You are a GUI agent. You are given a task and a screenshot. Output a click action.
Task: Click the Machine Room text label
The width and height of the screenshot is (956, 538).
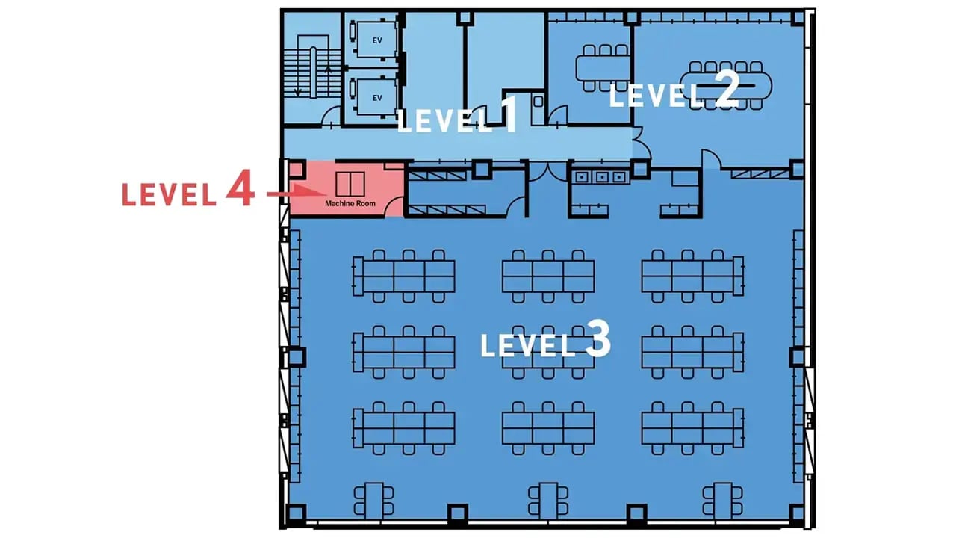pyautogui.click(x=350, y=204)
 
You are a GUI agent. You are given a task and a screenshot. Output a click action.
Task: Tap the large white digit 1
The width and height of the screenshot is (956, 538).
pyautogui.click(x=509, y=114)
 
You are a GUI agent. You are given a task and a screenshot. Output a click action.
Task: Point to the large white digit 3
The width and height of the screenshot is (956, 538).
pyautogui.click(x=598, y=338)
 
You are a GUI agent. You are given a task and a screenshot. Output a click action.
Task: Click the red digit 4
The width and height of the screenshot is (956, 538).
pyautogui.click(x=240, y=188)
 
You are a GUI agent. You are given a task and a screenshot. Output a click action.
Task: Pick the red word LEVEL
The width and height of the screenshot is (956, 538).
pyautogui.click(x=170, y=195)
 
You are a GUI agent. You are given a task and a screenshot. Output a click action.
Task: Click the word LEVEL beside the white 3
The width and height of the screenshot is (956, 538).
pyautogui.click(x=528, y=345)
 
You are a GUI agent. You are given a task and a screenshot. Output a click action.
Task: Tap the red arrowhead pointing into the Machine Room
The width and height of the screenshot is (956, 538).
pyautogui.click(x=309, y=190)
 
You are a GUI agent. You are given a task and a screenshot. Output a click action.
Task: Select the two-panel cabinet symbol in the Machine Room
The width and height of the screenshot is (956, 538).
pyautogui.click(x=350, y=184)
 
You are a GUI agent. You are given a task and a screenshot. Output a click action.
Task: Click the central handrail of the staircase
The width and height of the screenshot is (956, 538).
pyautogui.click(x=313, y=72)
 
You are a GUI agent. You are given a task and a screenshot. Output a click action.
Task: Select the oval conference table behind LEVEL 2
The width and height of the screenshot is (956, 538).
pyautogui.click(x=725, y=86)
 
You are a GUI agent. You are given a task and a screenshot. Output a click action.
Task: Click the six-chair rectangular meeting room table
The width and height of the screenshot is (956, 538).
pyautogui.click(x=603, y=68)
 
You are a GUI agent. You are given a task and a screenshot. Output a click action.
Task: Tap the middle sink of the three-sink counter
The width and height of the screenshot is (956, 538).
pyautogui.click(x=602, y=177)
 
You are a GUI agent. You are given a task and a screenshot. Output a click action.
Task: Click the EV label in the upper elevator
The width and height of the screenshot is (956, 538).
pyautogui.click(x=377, y=40)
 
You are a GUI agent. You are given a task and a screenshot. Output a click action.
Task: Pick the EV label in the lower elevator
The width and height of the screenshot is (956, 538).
pyautogui.click(x=377, y=98)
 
